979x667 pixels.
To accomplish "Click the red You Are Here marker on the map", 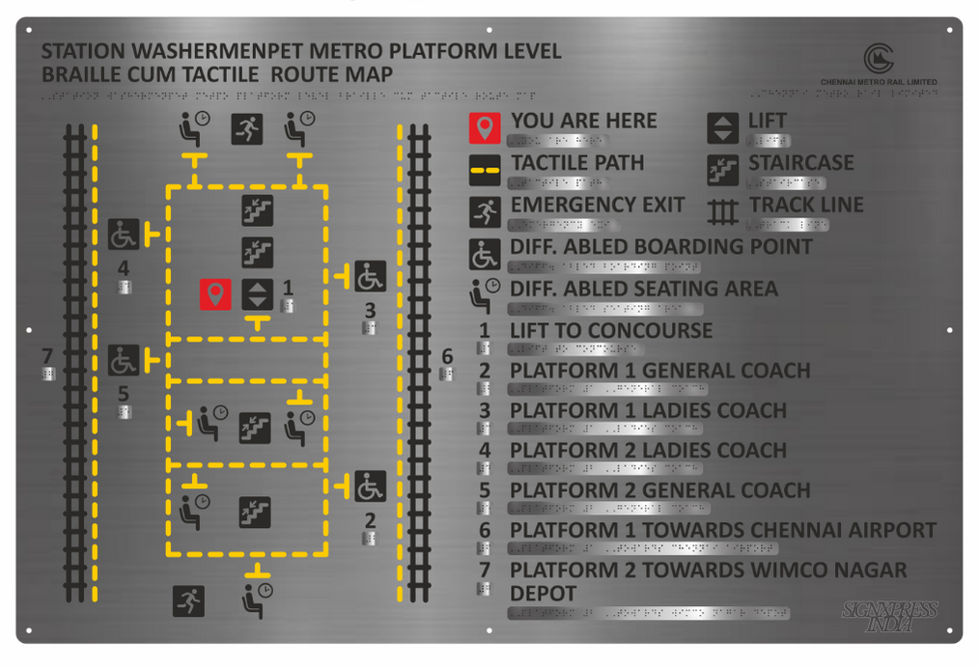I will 214,294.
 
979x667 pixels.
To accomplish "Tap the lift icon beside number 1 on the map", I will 256,294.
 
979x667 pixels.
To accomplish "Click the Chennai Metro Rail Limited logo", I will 879,59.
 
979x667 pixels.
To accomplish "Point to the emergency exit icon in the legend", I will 485,212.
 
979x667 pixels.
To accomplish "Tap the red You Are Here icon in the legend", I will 485,128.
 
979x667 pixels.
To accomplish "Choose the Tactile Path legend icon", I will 485,170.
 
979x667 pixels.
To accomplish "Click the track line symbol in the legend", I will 722,211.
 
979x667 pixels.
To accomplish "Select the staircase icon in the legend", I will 722,170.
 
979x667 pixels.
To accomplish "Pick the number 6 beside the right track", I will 447,357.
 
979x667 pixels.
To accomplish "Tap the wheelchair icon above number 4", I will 124,234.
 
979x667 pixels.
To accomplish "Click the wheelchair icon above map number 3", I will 370,277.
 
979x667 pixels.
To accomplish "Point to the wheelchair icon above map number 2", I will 370,487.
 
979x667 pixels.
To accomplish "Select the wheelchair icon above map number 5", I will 124,360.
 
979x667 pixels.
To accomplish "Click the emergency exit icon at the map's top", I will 247,129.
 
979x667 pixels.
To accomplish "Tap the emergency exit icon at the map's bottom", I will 188,601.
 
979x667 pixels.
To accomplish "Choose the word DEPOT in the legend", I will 543,593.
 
